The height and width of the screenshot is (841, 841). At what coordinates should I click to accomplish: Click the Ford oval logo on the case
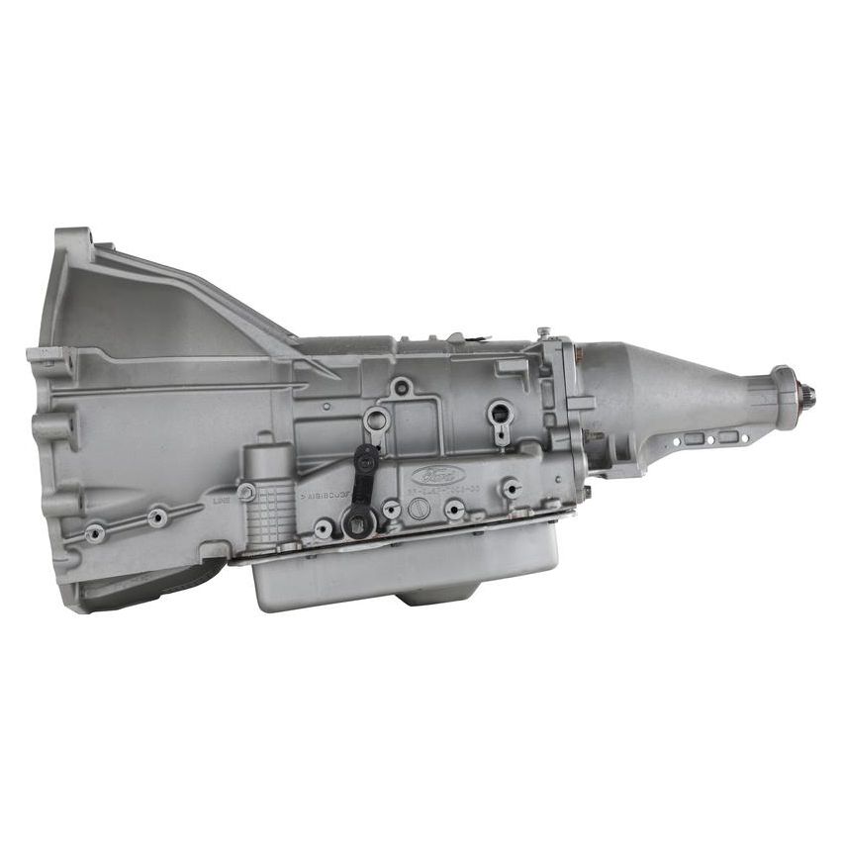pos(432,474)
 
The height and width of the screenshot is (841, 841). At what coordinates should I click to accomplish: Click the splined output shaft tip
pos(809,402)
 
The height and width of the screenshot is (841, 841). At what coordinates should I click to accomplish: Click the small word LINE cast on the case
pos(222,501)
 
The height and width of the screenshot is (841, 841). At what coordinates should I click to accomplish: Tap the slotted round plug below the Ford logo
pos(420,512)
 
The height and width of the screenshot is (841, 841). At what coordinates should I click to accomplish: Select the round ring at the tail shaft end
pos(788,397)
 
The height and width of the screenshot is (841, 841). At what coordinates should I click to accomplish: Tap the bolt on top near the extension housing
pos(543,333)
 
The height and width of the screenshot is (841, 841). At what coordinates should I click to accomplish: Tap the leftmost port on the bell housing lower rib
pos(95,533)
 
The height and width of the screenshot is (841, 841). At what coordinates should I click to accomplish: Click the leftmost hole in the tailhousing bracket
pos(694,438)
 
